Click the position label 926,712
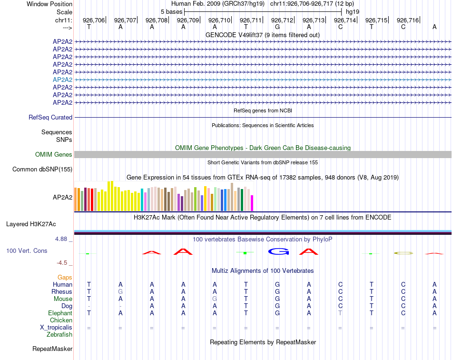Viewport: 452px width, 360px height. pyautogui.click(x=282, y=20)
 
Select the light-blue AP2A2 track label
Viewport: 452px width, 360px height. pyautogui.click(x=62, y=80)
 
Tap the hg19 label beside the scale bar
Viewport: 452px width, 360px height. pyautogui.click(x=353, y=11)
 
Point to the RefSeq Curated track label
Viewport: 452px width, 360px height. pyautogui.click(x=50, y=118)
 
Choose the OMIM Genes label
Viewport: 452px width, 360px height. pyautogui.click(x=54, y=155)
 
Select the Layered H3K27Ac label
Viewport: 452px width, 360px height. pyautogui.click(x=31, y=224)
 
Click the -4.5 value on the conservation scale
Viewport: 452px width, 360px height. pyautogui.click(x=63, y=262)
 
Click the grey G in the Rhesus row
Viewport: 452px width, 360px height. pyautogui.click(x=120, y=291)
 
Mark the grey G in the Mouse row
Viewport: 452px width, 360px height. pyautogui.click(x=215, y=299)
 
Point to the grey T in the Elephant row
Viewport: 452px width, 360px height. pyautogui.click(x=340, y=313)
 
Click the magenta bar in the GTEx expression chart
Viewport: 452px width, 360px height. pyautogui.click(x=252, y=203)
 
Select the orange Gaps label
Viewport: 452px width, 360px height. pyautogui.click(x=65, y=277)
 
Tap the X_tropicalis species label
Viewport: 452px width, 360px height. pyautogui.click(x=56, y=328)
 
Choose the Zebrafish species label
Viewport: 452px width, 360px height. pyautogui.click(x=59, y=335)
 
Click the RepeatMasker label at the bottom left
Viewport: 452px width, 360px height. pyautogui.click(x=52, y=349)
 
